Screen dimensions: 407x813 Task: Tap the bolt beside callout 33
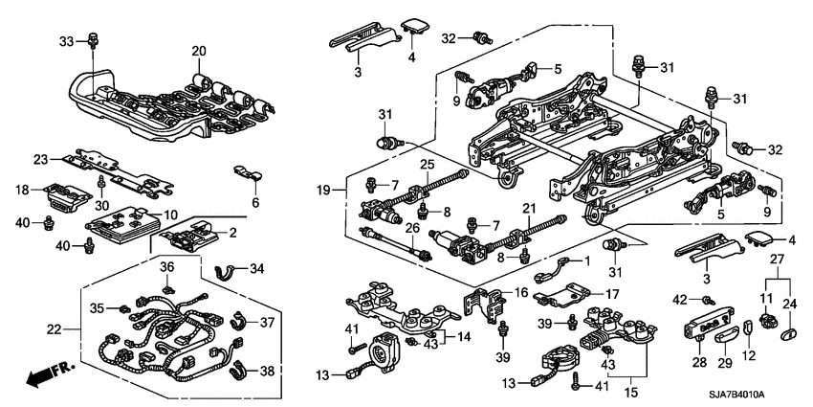93,41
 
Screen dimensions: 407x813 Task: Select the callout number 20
198,51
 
